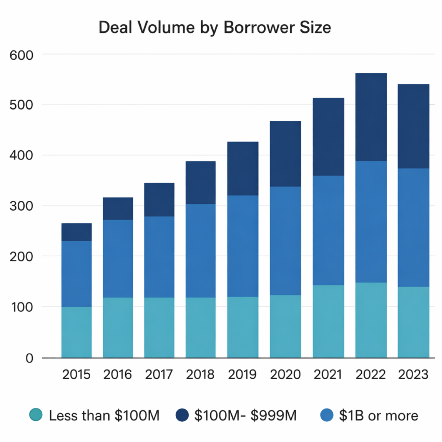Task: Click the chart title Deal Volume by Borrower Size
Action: [x=215, y=28]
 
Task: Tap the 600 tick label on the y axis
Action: [x=21, y=55]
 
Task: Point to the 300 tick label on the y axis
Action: [x=21, y=206]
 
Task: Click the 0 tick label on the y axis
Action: [x=29, y=358]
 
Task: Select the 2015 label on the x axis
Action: [x=76, y=375]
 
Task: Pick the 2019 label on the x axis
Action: [x=242, y=375]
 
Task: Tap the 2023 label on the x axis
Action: [x=413, y=375]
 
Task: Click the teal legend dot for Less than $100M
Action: [x=36, y=415]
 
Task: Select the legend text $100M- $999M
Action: [x=245, y=415]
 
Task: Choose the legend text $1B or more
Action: [x=378, y=415]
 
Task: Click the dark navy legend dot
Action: [x=182, y=415]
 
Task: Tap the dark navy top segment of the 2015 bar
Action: [x=77, y=232]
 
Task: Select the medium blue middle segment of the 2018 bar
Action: [x=200, y=250]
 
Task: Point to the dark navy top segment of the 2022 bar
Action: [x=371, y=117]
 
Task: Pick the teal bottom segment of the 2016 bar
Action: [x=118, y=327]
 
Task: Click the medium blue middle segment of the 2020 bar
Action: [x=285, y=241]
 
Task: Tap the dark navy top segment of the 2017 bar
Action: [x=159, y=200]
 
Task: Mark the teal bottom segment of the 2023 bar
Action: [x=413, y=322]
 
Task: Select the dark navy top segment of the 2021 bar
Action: [x=328, y=137]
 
